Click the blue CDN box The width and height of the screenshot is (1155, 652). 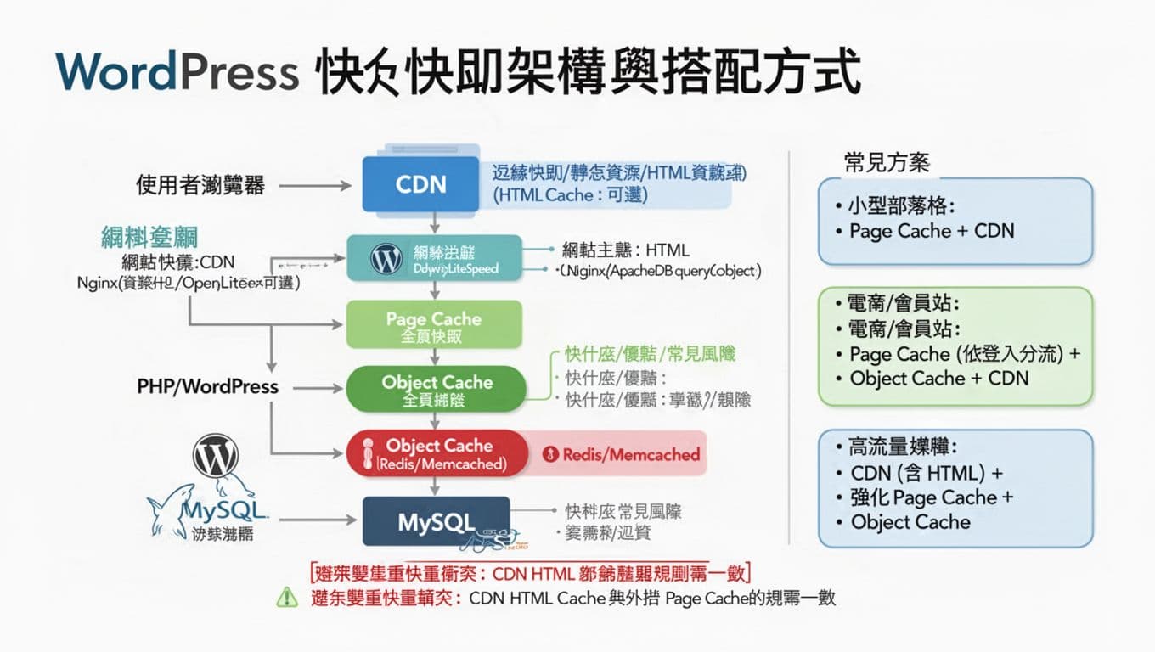(421, 183)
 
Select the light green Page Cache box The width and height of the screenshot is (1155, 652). (433, 327)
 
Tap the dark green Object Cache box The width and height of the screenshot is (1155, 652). (437, 390)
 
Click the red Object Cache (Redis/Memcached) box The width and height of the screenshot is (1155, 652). (437, 453)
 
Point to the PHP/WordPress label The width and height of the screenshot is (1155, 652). (207, 386)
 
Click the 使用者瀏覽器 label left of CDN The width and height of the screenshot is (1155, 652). (200, 184)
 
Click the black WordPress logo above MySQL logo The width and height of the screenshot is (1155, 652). (216, 456)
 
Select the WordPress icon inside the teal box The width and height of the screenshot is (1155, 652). (386, 259)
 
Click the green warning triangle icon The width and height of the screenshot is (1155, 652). (287, 598)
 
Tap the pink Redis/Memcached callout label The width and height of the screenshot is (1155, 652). (621, 454)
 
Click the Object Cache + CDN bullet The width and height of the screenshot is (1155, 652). (938, 379)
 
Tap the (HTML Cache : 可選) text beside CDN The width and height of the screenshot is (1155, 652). (570, 194)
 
